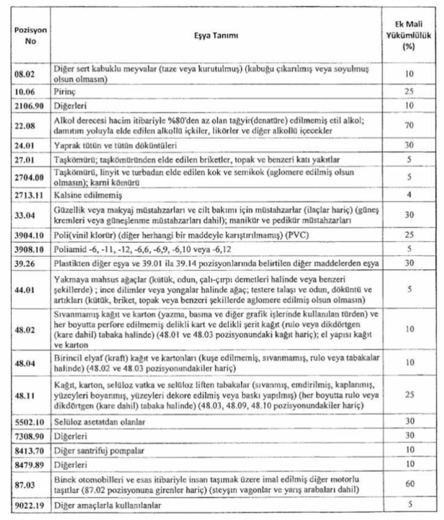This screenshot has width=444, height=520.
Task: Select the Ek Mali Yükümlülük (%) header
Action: click(408, 36)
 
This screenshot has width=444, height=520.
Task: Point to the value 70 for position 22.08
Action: click(408, 126)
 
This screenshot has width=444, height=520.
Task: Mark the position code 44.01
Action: click(25, 290)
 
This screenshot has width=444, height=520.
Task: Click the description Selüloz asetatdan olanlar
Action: click(101, 421)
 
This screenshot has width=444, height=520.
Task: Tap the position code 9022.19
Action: click(28, 506)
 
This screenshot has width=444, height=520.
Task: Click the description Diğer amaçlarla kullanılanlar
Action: click(107, 506)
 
